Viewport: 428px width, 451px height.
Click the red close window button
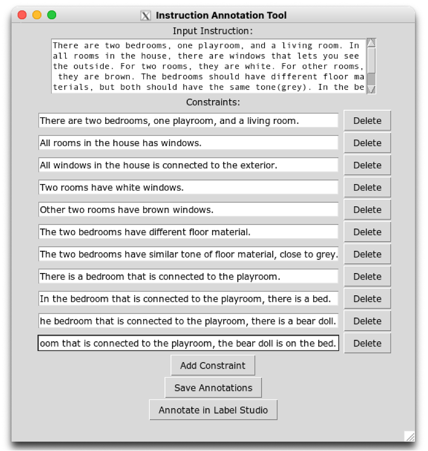pos(22,15)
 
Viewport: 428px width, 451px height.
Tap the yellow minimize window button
pos(37,15)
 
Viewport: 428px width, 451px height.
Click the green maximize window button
pos(52,15)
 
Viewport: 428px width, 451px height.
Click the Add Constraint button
pos(212,366)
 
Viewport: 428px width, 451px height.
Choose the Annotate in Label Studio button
pos(213,410)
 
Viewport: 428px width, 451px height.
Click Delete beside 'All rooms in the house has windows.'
pos(367,143)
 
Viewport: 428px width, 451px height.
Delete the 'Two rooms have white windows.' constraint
pos(367,188)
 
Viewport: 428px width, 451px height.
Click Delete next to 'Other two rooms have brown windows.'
pos(367,210)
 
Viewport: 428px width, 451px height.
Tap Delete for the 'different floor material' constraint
pos(367,232)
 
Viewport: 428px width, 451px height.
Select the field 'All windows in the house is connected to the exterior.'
pos(188,165)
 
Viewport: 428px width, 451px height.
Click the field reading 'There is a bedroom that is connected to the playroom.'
pos(188,277)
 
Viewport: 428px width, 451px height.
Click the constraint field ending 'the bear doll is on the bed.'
pos(188,343)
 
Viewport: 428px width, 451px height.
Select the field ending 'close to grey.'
pos(188,254)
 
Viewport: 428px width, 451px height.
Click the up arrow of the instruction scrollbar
pos(371,43)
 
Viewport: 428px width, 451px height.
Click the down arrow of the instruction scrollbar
pos(371,89)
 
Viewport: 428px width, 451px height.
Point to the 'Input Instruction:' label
pos(212,31)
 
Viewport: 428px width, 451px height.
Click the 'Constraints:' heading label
pos(212,102)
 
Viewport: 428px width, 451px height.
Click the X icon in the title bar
pos(146,16)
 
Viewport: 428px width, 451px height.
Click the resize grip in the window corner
pos(410,436)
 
